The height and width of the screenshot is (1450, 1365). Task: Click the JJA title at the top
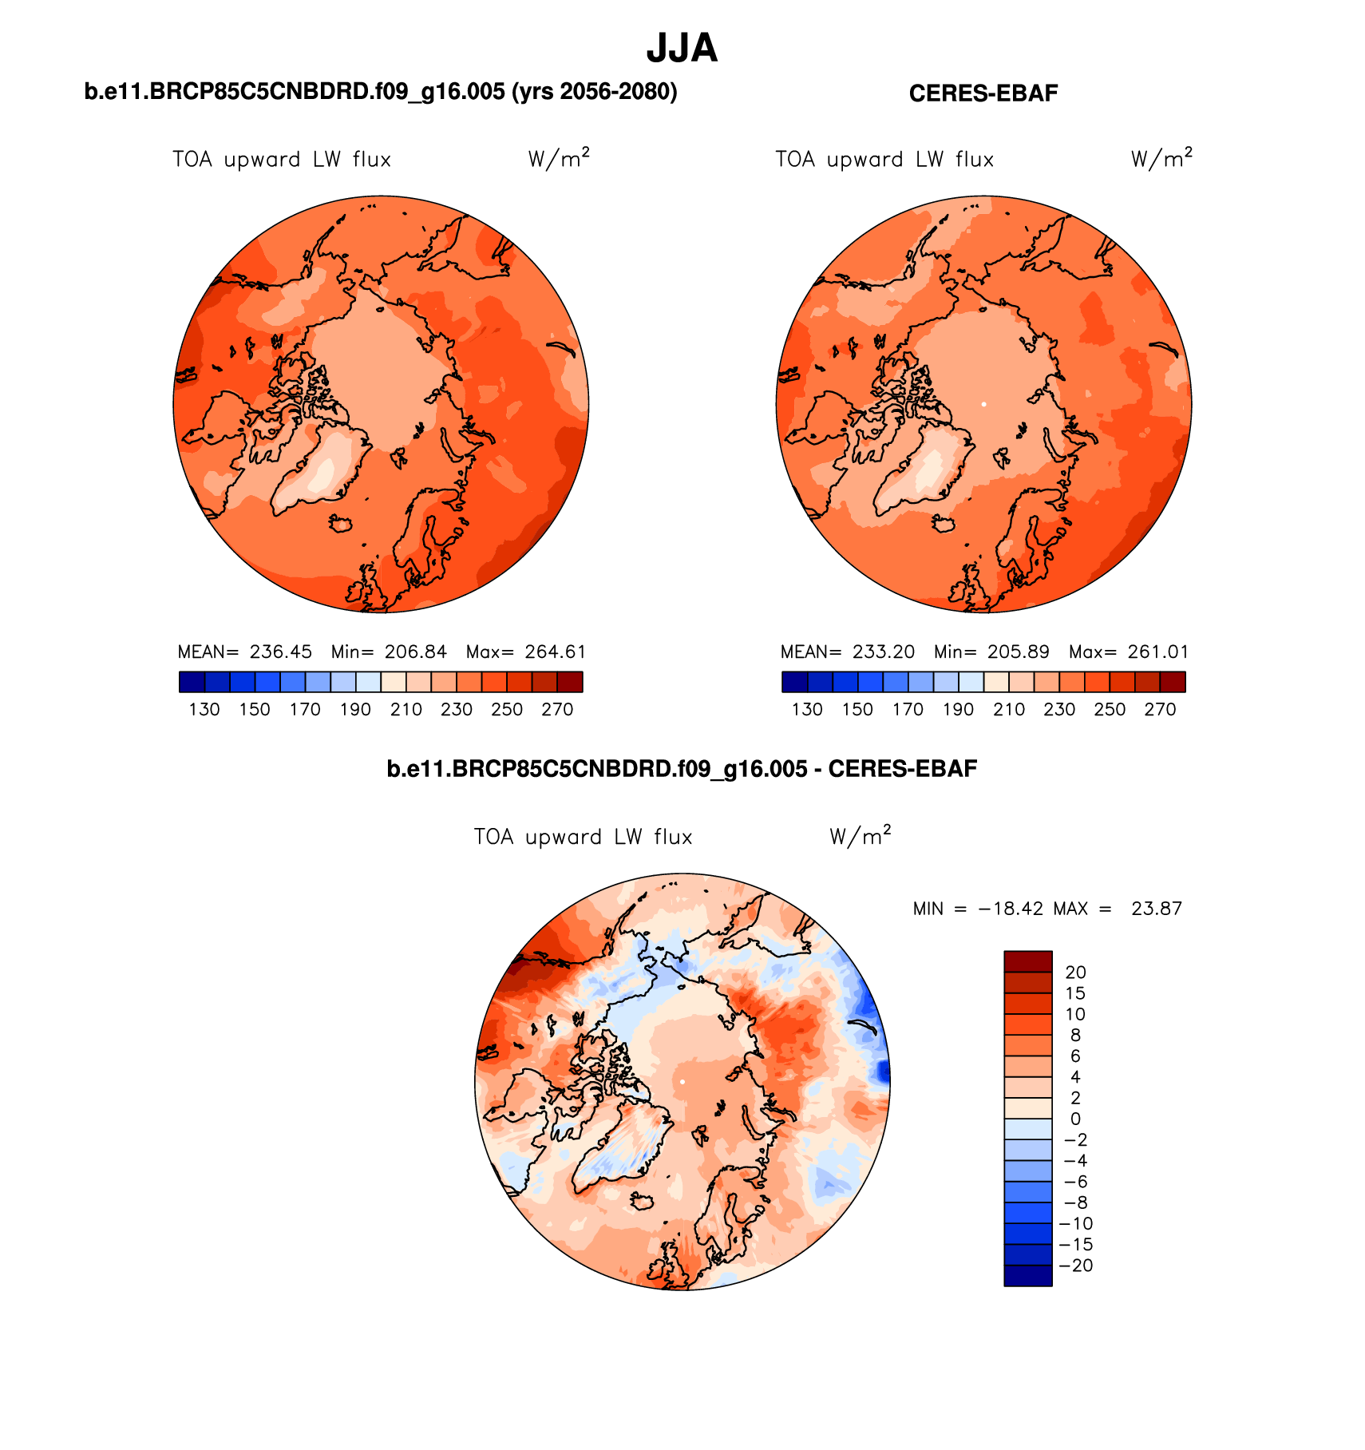coord(682,49)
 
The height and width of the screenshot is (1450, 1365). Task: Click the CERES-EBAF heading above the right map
coord(983,93)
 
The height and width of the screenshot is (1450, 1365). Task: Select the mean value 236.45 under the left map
coord(280,652)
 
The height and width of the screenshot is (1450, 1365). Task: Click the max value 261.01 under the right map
coord(1157,652)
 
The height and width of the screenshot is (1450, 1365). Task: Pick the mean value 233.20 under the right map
coord(883,652)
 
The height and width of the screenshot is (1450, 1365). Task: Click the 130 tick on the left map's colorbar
coord(204,709)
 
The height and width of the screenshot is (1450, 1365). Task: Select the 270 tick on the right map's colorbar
coord(1160,709)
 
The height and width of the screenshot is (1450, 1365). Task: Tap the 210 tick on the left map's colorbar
coord(406,709)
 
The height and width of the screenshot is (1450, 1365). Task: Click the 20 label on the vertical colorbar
coord(1075,973)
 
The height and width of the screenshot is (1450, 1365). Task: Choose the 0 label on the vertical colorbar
coord(1075,1119)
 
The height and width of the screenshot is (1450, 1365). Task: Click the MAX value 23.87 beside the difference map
coord(1156,909)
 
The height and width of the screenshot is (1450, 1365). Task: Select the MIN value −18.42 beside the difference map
coord(1010,909)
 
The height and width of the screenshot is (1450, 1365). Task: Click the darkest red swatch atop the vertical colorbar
coord(1027,961)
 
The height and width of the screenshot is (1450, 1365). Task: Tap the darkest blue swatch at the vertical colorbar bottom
coord(1027,1275)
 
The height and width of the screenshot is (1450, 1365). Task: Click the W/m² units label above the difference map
coord(860,836)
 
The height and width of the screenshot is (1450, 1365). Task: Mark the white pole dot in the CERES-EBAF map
coord(983,404)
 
